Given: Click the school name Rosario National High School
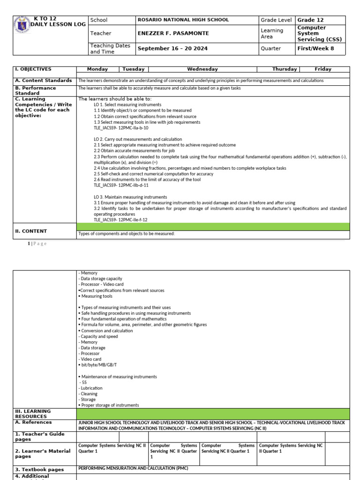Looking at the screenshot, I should [182, 20].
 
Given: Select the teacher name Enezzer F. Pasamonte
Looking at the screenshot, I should [173, 33].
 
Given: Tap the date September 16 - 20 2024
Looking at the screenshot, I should [172, 48].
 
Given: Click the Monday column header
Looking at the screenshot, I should [97, 69].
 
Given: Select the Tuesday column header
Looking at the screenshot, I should [133, 69].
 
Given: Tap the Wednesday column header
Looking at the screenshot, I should [202, 69].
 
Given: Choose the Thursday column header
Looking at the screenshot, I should [285, 69].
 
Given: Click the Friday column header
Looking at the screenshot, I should [322, 69].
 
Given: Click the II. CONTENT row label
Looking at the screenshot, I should [31, 231].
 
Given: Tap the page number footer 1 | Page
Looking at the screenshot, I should [37, 244].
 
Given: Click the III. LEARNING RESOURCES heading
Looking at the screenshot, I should [33, 413].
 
